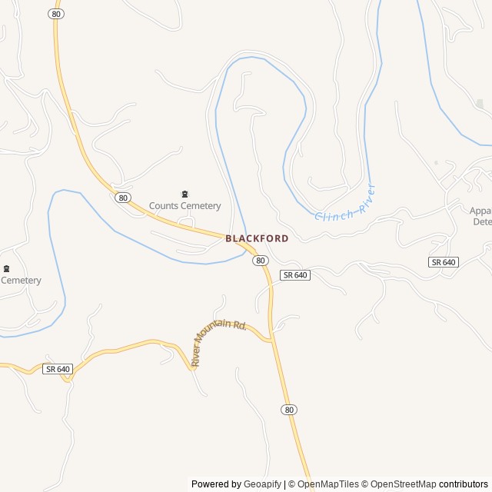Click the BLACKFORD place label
click(x=257, y=238)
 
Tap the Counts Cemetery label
click(x=184, y=205)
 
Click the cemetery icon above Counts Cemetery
click(x=184, y=194)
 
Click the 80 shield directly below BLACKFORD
click(x=261, y=261)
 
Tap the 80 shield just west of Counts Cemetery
click(x=123, y=198)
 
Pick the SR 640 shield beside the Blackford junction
click(x=295, y=274)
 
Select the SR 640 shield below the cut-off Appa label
click(x=443, y=262)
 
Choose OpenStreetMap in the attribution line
click(x=404, y=484)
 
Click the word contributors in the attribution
click(x=464, y=484)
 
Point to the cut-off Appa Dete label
click(x=482, y=215)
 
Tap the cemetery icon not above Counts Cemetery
click(x=6, y=268)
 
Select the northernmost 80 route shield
click(x=55, y=14)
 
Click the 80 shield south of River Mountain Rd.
click(x=288, y=410)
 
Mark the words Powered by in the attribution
click(x=215, y=484)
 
